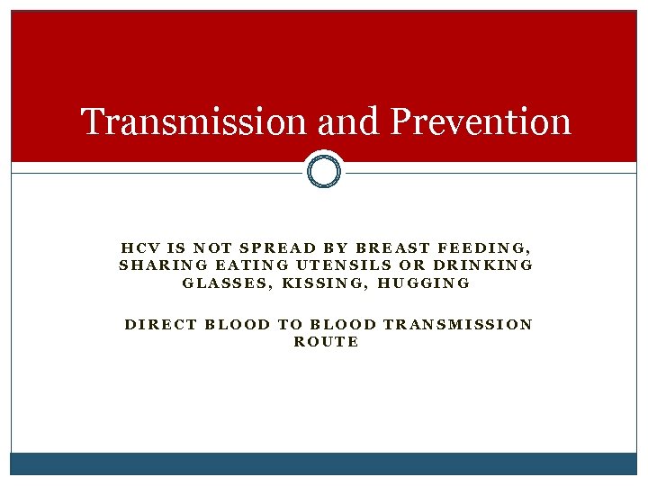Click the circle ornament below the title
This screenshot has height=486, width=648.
(324, 169)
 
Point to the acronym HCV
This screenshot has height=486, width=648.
(137, 247)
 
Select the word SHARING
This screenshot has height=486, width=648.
(158, 265)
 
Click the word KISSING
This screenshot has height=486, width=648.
(325, 283)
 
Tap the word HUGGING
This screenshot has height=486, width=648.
(423, 283)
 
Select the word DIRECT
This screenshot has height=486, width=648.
(160, 324)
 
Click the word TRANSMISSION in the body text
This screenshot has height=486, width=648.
(457, 324)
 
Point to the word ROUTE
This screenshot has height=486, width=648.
(326, 342)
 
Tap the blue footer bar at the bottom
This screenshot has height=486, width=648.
(324, 463)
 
